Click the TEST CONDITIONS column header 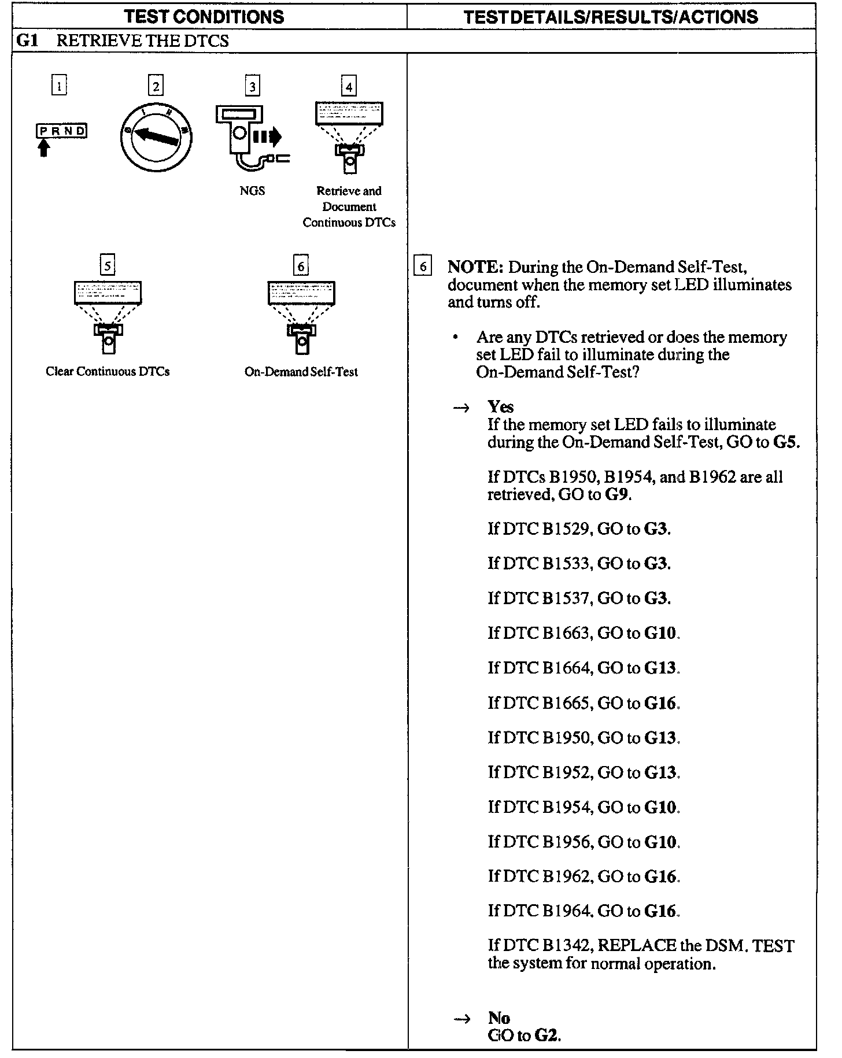pyautogui.click(x=205, y=16)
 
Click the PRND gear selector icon pyautogui.click(x=61, y=132)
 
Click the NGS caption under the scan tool pyautogui.click(x=252, y=191)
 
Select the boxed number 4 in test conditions pyautogui.click(x=349, y=87)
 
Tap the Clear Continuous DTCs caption pyautogui.click(x=108, y=372)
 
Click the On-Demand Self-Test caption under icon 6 pyautogui.click(x=301, y=372)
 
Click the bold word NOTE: pyautogui.click(x=475, y=267)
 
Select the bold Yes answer pyautogui.click(x=500, y=406)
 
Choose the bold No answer pyautogui.click(x=498, y=1018)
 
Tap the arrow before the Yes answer pyautogui.click(x=461, y=408)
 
